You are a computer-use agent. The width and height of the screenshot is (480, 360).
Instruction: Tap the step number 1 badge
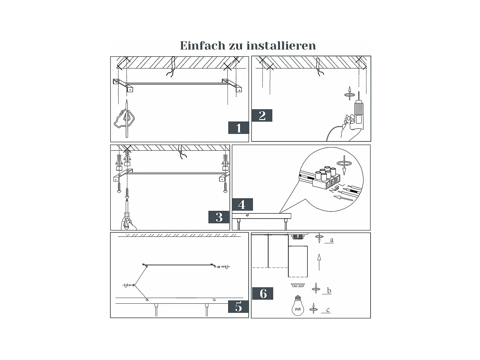coord(238,128)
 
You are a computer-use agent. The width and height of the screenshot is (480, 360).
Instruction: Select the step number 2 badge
coord(262,116)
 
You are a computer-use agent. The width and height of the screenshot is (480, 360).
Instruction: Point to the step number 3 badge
coord(219,217)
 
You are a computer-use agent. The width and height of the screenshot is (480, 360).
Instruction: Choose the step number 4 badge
coord(242,204)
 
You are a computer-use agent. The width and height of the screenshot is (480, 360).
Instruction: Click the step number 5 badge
coord(238,307)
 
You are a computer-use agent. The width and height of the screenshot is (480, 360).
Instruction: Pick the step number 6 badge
coord(263,293)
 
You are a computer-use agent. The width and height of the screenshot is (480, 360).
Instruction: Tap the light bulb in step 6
coord(298,306)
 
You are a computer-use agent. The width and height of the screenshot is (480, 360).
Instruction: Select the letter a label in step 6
coord(332,240)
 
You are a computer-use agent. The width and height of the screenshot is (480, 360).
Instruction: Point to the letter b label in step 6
coord(329,291)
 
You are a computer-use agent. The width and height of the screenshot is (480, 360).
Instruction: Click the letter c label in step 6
coord(328,310)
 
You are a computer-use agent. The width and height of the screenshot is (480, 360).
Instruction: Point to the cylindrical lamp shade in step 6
coord(298,261)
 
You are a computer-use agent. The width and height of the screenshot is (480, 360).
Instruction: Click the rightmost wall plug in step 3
coord(225,162)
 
